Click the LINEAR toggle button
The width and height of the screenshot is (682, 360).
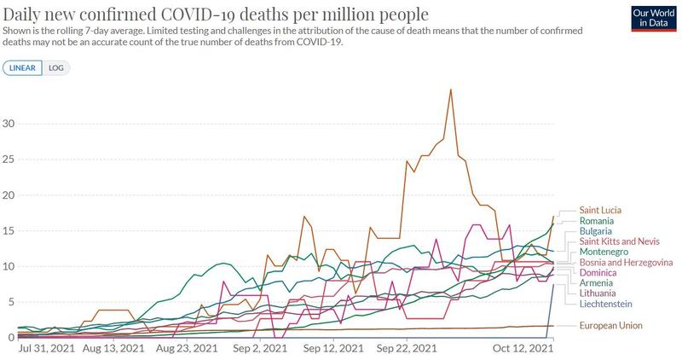click(24, 67)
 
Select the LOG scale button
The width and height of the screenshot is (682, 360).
click(55, 67)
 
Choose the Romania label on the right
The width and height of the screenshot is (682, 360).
click(598, 221)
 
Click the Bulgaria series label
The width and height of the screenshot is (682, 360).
click(597, 231)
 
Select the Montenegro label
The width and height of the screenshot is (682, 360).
click(604, 252)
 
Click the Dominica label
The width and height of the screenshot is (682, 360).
click(598, 272)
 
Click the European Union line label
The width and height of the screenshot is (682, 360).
click(611, 325)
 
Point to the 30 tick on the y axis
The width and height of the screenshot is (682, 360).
click(9, 124)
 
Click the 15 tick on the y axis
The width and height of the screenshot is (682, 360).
click(9, 231)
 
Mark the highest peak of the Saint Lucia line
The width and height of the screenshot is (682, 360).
click(451, 89)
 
